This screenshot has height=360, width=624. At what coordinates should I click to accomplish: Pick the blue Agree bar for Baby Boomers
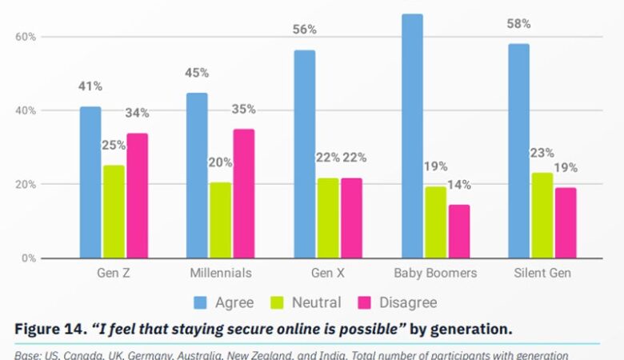(x=412, y=136)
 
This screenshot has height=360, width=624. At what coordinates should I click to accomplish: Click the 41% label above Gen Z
(x=90, y=86)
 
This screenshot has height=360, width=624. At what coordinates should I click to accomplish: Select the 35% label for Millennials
(x=243, y=109)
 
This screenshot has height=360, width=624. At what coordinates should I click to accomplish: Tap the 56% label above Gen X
(x=304, y=30)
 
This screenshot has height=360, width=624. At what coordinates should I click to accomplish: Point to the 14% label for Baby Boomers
(x=459, y=185)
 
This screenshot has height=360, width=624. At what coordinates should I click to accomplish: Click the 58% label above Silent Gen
(x=518, y=24)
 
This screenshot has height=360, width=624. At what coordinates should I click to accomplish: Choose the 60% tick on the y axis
(x=26, y=37)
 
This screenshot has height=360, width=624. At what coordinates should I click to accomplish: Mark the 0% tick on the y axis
(x=28, y=258)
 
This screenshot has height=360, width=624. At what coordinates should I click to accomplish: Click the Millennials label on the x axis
(x=221, y=274)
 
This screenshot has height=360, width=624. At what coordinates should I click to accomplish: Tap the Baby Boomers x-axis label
(x=435, y=274)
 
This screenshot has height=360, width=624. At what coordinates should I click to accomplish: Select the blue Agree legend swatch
(x=201, y=302)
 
